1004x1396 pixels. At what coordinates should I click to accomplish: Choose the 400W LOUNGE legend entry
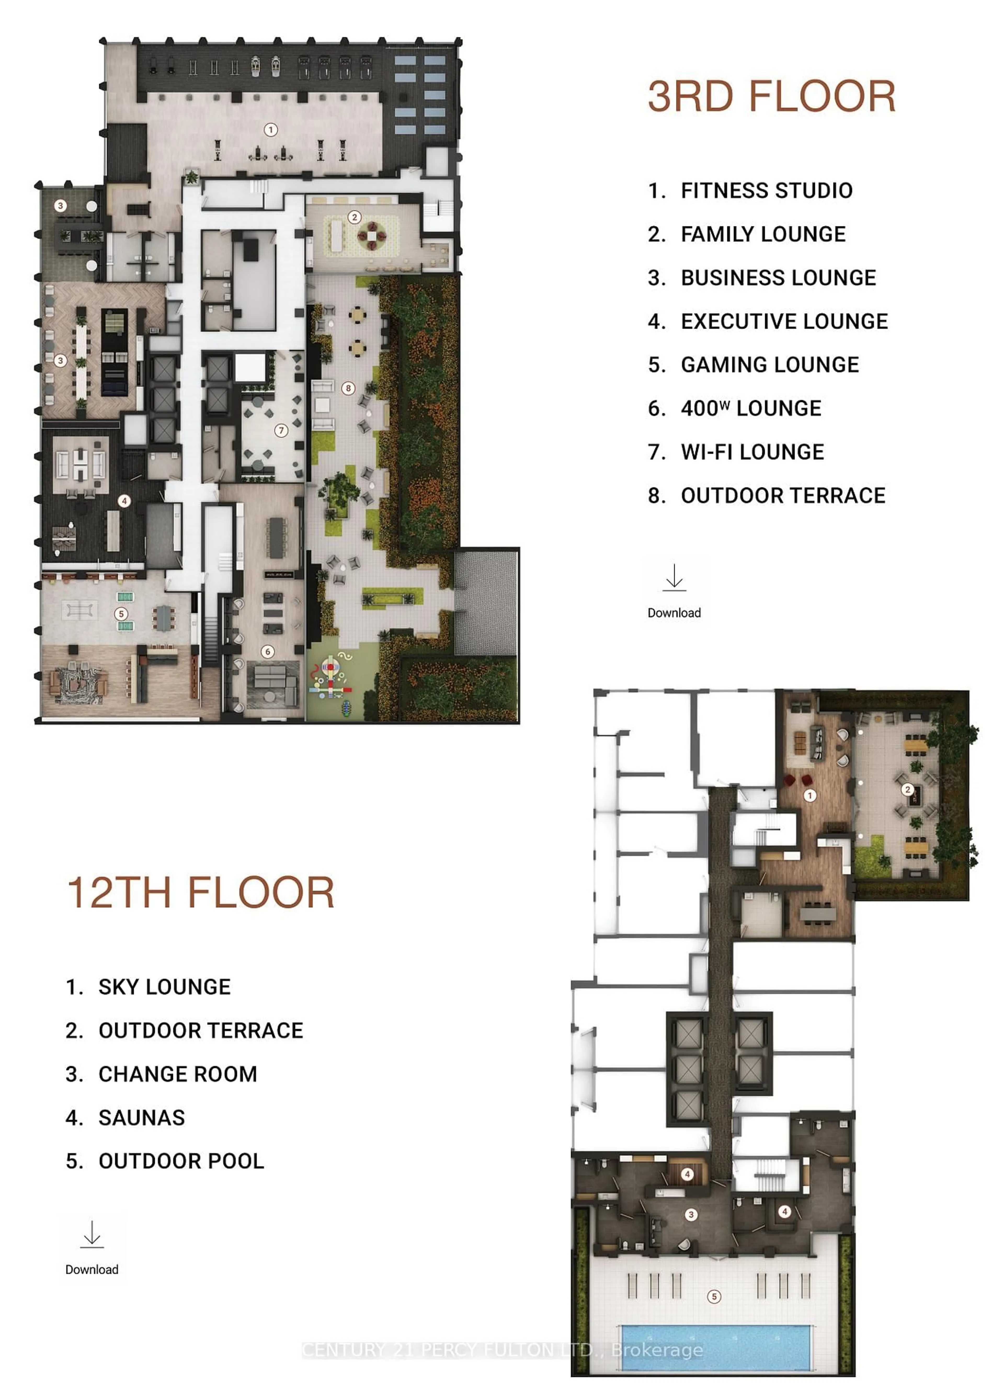pos(750,409)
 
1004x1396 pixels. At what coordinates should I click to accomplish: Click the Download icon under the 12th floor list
pos(92,1235)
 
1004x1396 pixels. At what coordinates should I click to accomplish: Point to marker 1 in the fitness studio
pos(270,130)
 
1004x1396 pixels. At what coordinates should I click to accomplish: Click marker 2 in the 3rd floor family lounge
pos(354,217)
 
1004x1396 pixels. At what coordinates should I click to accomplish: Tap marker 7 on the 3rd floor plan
pos(281,430)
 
